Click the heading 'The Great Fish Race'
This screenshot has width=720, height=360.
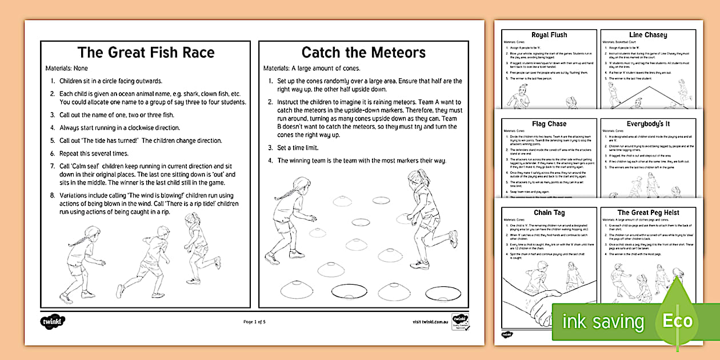(x=146, y=53)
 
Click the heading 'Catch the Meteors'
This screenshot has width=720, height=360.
(x=363, y=53)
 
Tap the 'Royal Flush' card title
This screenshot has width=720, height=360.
(x=549, y=35)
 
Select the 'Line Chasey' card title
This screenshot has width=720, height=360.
(x=648, y=35)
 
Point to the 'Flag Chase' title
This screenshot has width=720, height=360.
(x=549, y=123)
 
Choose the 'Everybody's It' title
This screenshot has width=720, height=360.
(x=648, y=123)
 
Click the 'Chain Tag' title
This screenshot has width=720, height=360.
(x=549, y=213)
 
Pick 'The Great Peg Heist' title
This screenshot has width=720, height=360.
(x=648, y=213)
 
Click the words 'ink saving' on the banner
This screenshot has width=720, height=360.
(x=603, y=322)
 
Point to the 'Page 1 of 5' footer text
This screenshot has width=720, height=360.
(x=254, y=322)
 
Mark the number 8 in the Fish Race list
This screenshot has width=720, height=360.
(x=52, y=194)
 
